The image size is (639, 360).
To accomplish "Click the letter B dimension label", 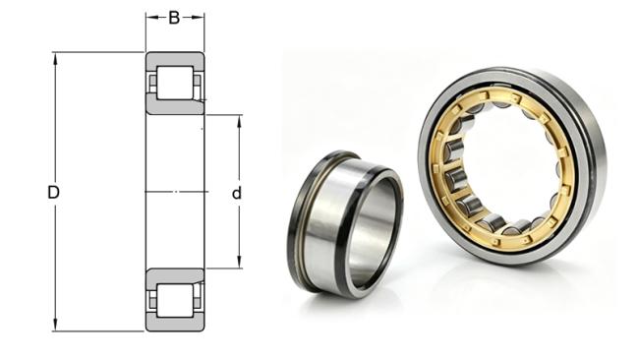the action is [x=174, y=18].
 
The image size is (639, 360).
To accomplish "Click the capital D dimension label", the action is [x=53, y=193].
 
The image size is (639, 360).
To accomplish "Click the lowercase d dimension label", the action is [x=236, y=193].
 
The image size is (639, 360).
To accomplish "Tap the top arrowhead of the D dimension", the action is [x=55, y=58].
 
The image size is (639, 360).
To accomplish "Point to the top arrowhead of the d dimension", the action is [x=239, y=121].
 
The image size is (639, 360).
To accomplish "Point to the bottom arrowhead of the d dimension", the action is [x=239, y=263].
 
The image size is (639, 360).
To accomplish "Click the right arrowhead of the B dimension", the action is [x=198, y=18].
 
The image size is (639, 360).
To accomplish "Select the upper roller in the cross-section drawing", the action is [x=175, y=83].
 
